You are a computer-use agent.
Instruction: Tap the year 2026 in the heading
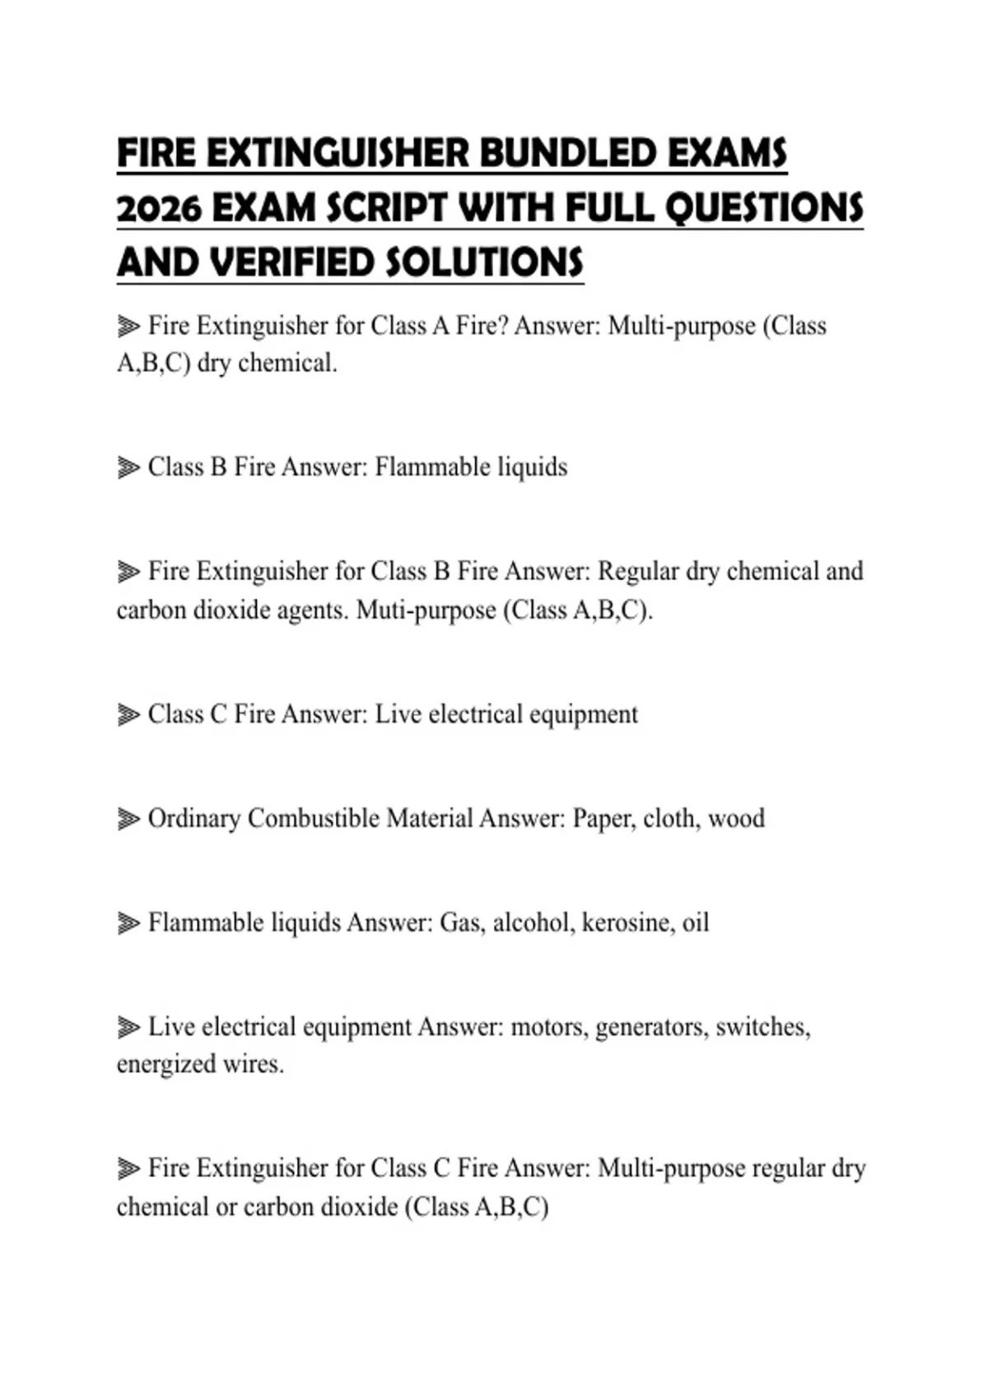[x=159, y=209]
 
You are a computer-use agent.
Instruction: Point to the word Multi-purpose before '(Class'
[x=682, y=326]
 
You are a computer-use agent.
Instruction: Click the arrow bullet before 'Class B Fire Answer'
[x=128, y=467]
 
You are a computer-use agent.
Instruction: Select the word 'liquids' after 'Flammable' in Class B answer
[x=532, y=467]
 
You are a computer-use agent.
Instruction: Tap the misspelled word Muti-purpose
[x=426, y=611]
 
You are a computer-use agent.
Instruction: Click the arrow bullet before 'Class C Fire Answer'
[x=128, y=714]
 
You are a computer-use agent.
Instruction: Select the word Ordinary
[x=193, y=819]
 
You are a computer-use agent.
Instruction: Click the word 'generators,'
[x=651, y=1027]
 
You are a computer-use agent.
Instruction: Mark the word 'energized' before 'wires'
[x=165, y=1064]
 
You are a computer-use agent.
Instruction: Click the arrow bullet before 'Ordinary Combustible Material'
[x=128, y=819]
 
